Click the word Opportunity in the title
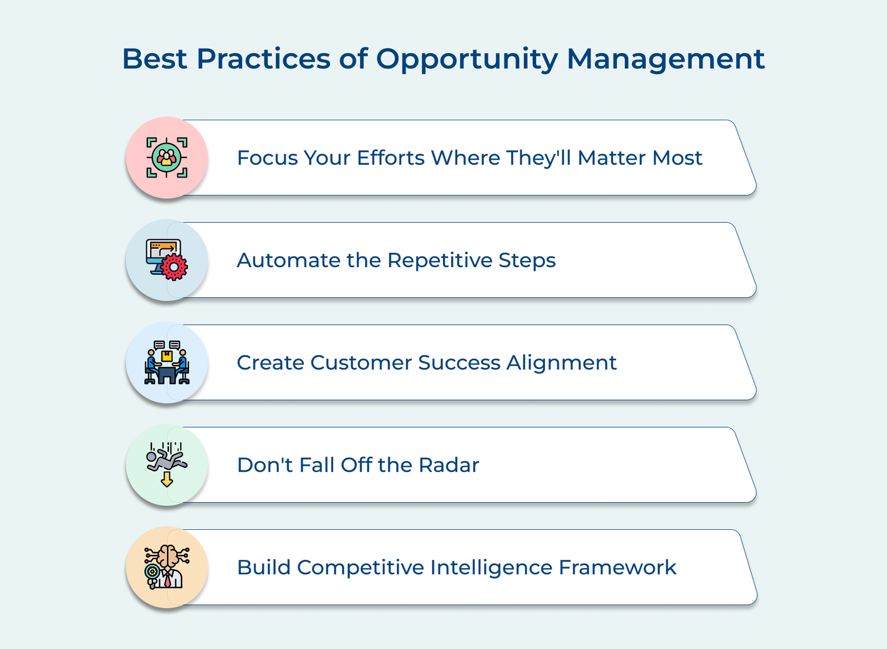pyautogui.click(x=467, y=59)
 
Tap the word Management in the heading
pyautogui.click(x=665, y=59)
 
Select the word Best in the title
pyautogui.click(x=155, y=59)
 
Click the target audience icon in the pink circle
pyautogui.click(x=167, y=157)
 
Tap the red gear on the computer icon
pyautogui.click(x=175, y=267)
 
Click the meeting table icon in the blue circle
pyautogui.click(x=167, y=362)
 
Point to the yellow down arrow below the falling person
pyautogui.click(x=167, y=479)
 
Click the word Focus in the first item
pyautogui.click(x=266, y=158)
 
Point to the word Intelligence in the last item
pyautogui.click(x=491, y=568)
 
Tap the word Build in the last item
pyautogui.click(x=264, y=568)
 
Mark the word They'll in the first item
pyautogui.click(x=538, y=158)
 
